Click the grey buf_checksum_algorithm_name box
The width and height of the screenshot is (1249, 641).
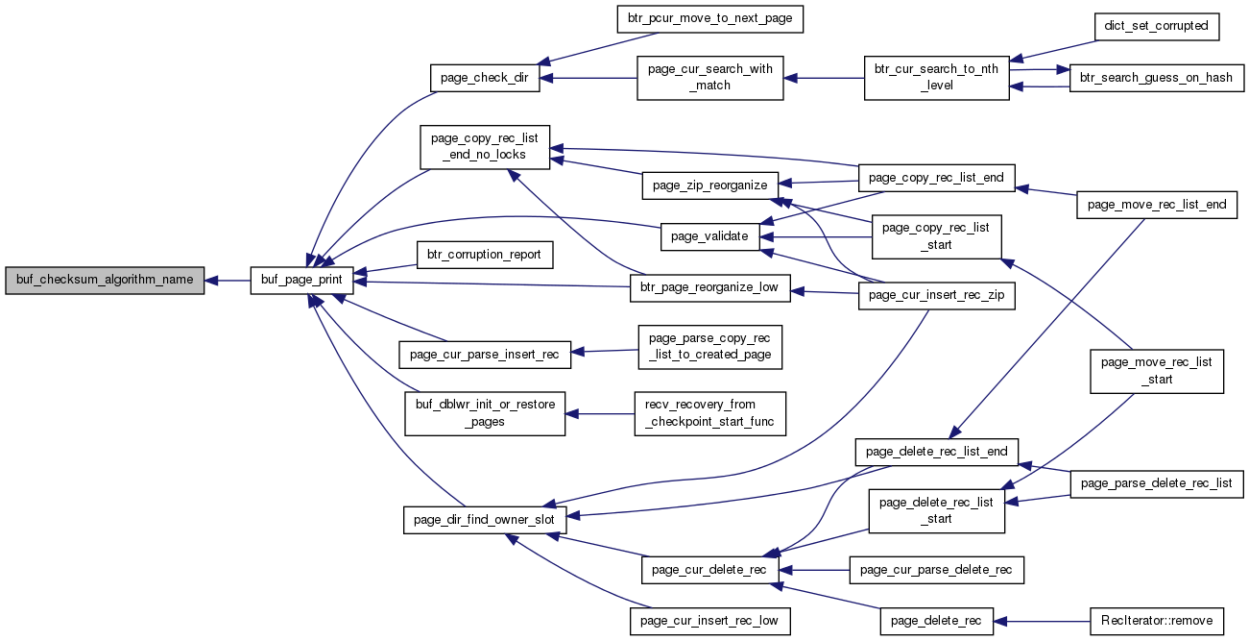coord(105,281)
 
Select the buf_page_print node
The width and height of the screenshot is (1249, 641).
coord(301,281)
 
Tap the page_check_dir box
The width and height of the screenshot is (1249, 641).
coord(485,78)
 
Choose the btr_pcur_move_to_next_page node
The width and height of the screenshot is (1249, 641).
coord(709,19)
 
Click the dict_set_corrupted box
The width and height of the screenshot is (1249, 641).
coord(1157,27)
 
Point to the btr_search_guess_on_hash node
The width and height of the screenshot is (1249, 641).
coord(1157,78)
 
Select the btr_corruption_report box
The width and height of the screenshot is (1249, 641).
coord(485,256)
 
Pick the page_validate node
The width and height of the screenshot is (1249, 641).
coord(709,236)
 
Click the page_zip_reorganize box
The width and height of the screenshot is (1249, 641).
coord(709,185)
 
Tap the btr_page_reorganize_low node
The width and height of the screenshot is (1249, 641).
coord(709,288)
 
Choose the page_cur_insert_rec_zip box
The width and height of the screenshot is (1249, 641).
coord(936,296)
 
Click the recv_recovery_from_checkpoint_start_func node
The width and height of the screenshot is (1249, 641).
coord(709,414)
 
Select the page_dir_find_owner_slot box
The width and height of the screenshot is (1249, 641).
coord(485,520)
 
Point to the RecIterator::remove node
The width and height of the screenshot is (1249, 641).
coord(1157,622)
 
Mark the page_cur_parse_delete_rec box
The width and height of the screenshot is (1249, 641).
coord(936,570)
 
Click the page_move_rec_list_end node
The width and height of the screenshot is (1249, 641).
coord(1157,205)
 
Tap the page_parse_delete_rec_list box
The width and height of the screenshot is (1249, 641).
coord(1157,484)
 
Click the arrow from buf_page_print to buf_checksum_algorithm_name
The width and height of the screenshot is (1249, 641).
coord(228,281)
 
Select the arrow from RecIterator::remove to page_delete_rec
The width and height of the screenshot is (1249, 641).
coord(1042,622)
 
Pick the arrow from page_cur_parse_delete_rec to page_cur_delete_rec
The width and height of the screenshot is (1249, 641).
coord(814,570)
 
